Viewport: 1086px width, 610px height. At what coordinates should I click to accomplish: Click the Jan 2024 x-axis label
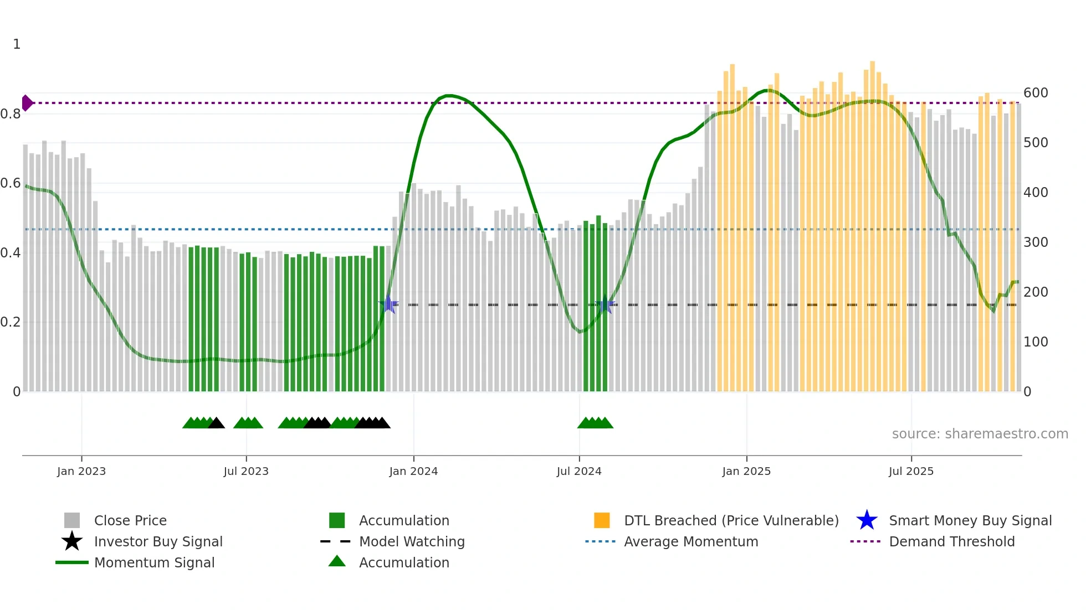[413, 471]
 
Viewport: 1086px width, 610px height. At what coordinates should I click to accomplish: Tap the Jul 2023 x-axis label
[246, 471]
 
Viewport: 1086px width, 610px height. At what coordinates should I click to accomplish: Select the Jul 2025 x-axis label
[911, 471]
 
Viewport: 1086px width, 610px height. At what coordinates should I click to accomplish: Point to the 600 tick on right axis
[1036, 93]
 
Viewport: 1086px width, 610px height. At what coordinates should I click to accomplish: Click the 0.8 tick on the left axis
[11, 114]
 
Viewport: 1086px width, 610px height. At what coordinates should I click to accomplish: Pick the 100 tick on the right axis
[1036, 342]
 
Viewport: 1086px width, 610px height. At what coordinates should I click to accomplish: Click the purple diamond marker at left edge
[27, 103]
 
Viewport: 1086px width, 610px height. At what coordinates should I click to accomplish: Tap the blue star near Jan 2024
[388, 304]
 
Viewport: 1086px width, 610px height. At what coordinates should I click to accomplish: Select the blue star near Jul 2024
[605, 305]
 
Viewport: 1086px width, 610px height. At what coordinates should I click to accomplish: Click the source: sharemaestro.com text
[980, 434]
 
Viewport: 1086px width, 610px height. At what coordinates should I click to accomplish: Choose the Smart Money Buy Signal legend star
[867, 520]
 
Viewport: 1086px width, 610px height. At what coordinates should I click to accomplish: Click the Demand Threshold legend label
[951, 541]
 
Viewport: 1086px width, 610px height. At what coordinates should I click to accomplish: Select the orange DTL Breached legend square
[602, 520]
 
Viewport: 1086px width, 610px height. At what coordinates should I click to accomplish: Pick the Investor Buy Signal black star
[72, 541]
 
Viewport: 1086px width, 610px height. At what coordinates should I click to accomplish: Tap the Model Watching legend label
[412, 541]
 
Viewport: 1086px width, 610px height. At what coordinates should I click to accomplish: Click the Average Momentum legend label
[691, 541]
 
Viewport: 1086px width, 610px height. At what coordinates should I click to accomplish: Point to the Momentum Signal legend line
[72, 562]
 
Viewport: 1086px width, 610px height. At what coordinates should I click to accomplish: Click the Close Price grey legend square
[72, 520]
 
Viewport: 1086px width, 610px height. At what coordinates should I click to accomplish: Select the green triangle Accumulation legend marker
[337, 561]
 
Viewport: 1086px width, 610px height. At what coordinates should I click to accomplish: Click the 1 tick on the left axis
[17, 44]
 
